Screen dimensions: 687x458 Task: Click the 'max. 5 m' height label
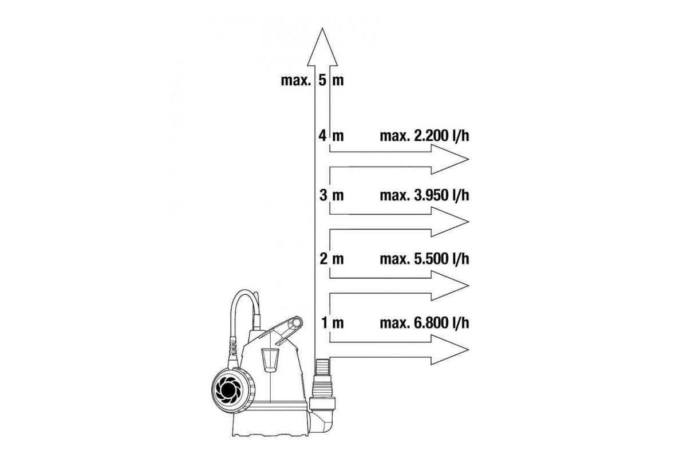(x=312, y=80)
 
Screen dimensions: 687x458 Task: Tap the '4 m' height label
(x=331, y=136)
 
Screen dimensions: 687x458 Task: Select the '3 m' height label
(x=331, y=195)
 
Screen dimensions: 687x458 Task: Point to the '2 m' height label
(x=331, y=259)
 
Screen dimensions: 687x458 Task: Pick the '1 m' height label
(x=332, y=323)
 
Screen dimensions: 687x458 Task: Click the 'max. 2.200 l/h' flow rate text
(x=424, y=136)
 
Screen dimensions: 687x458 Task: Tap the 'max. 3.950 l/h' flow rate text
(x=424, y=195)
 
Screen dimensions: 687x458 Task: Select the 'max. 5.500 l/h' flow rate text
(x=424, y=259)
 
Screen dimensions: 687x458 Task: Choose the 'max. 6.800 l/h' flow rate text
(x=424, y=323)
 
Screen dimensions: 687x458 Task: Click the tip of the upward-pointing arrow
(x=322, y=29)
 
